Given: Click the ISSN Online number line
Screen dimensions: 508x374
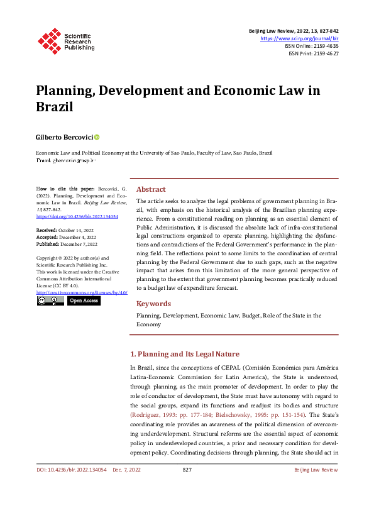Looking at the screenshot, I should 312,46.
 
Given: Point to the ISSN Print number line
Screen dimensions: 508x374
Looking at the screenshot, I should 313,54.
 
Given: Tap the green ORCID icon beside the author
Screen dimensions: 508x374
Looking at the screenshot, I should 97,136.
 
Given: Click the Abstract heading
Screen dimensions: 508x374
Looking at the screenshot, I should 151,189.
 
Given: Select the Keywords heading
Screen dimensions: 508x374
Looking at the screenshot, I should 154,304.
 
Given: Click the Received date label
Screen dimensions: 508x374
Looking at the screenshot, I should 46,230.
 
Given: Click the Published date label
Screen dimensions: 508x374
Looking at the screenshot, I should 48,244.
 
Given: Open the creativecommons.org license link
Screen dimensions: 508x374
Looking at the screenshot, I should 82,292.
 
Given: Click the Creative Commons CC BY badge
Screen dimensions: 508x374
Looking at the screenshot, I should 50,301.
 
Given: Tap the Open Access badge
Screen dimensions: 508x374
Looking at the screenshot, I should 84,301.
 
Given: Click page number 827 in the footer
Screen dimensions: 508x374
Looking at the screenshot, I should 187,487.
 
